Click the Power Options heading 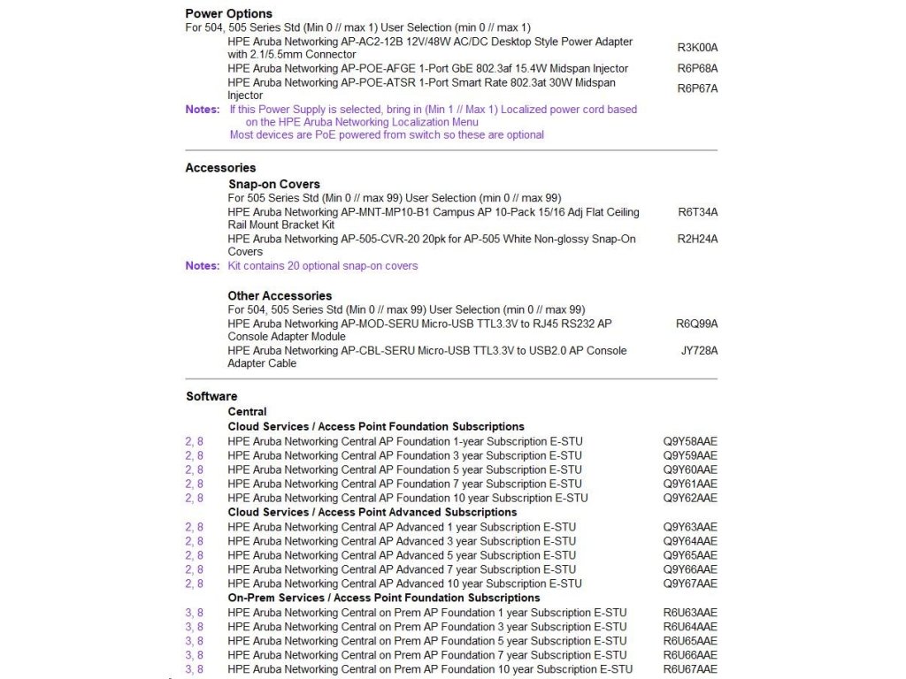pyautogui.click(x=228, y=13)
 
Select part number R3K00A pyautogui.click(x=697, y=48)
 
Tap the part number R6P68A pyautogui.click(x=697, y=68)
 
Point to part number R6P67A pyautogui.click(x=697, y=88)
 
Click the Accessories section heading pyautogui.click(x=220, y=167)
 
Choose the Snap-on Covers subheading pyautogui.click(x=273, y=184)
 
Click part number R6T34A pyautogui.click(x=697, y=212)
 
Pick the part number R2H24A pyautogui.click(x=697, y=239)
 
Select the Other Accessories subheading pyautogui.click(x=280, y=295)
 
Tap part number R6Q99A pyautogui.click(x=696, y=324)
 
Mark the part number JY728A pyautogui.click(x=698, y=350)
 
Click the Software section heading pyautogui.click(x=211, y=396)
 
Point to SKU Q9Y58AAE pyautogui.click(x=690, y=441)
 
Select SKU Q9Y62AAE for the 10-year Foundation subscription pyautogui.click(x=690, y=498)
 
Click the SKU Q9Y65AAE pyautogui.click(x=690, y=555)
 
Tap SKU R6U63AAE pyautogui.click(x=690, y=613)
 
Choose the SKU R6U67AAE pyautogui.click(x=690, y=669)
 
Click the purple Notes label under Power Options pyautogui.click(x=202, y=110)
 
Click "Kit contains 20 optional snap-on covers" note pyautogui.click(x=322, y=265)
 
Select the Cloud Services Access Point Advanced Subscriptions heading pyautogui.click(x=372, y=512)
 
